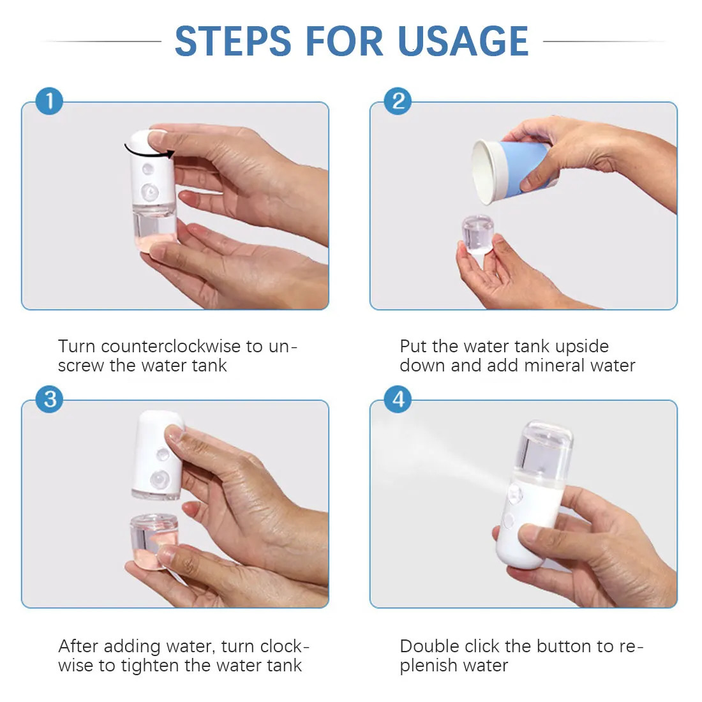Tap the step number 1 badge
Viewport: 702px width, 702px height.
coord(49,101)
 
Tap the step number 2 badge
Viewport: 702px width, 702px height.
coord(398,101)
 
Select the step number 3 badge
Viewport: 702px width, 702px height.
coord(49,400)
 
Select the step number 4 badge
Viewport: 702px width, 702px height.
coord(398,400)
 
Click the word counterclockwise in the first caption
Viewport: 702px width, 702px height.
coord(172,347)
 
